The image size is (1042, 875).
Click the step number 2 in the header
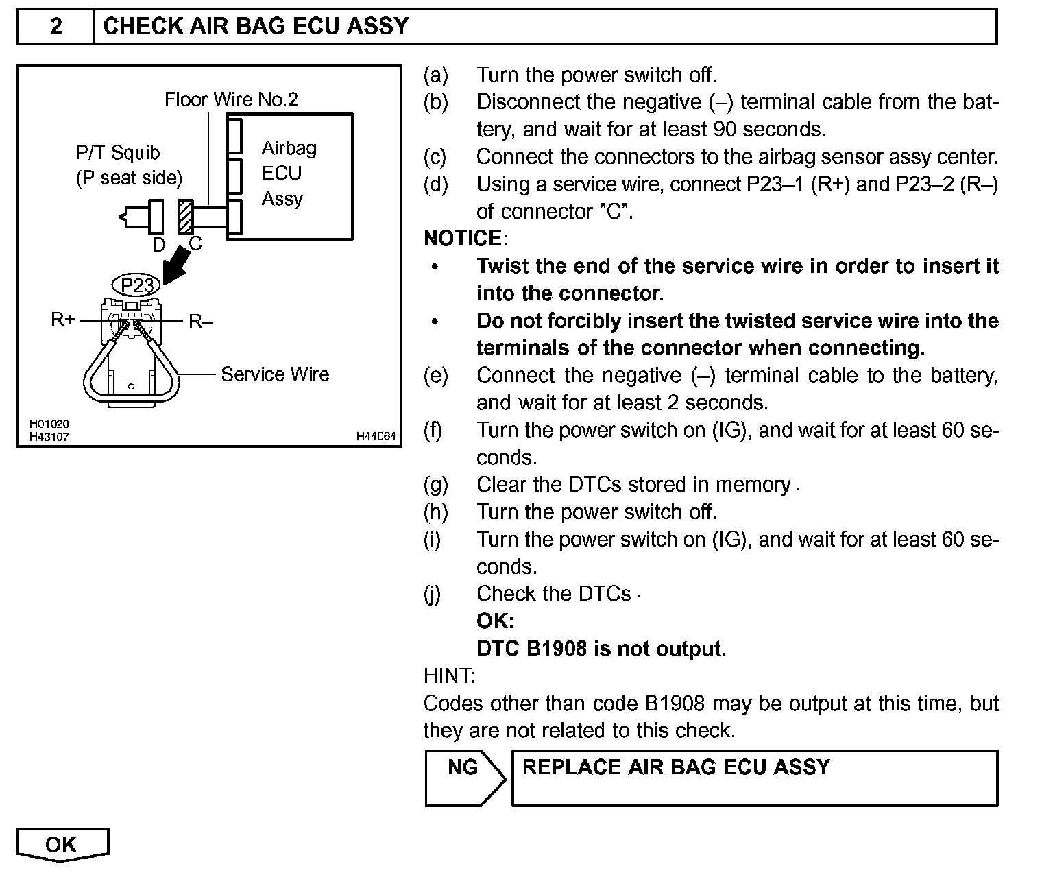point(56,26)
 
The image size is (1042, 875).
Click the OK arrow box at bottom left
point(62,844)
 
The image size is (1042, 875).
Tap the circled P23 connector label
point(136,285)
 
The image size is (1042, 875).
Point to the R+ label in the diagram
point(62,319)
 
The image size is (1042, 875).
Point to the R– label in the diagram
point(201,321)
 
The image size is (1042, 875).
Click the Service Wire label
point(274,374)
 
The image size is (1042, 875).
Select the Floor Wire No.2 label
point(231,100)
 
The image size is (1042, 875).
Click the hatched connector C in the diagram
point(185,217)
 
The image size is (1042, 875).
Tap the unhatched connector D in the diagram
point(156,217)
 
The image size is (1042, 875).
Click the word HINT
point(449,676)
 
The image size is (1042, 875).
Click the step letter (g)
point(435,485)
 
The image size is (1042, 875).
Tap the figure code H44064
point(376,436)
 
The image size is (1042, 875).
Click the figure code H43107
point(49,436)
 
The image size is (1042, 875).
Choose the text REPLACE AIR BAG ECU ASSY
point(676,767)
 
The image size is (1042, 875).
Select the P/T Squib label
point(117,153)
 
